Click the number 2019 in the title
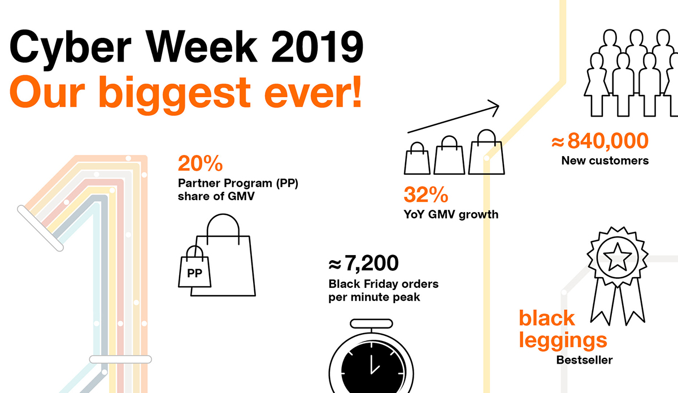pos(317,47)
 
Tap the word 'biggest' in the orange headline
pos(175,94)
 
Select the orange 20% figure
pos(200,163)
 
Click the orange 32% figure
pos(426,194)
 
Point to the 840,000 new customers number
pos(608,141)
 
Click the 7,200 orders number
pos(371,263)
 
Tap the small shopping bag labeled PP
pos(194,266)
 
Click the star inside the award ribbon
pos(617,257)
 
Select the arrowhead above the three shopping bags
pos(494,108)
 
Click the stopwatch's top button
pos(371,323)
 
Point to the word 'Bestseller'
pos(584,360)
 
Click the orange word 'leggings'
pos(563,341)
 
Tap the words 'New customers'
pos(605,161)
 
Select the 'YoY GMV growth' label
pos(451,214)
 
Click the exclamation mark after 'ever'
pos(357,92)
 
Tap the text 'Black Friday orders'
pos(384,284)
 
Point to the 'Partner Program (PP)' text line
pos(238,183)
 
